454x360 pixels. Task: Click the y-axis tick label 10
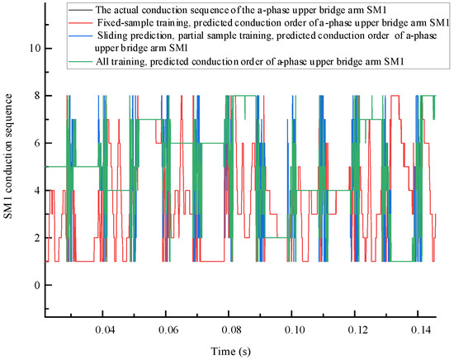pyautogui.click(x=33, y=48)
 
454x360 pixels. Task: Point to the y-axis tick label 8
pyautogui.click(x=35, y=96)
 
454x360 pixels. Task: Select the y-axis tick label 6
pyautogui.click(x=35, y=143)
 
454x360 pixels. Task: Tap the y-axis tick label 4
pyautogui.click(x=35, y=190)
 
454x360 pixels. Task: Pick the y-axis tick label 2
pyautogui.click(x=35, y=238)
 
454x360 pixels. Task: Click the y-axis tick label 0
pyautogui.click(x=35, y=285)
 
